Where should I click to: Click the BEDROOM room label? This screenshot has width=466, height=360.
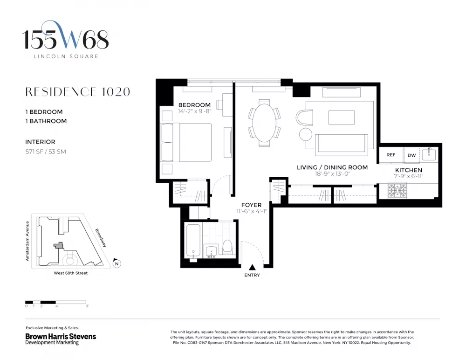click(194, 105)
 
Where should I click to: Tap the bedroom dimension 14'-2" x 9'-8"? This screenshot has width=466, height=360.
click(194, 111)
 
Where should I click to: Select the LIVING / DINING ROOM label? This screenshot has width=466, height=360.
click(332, 167)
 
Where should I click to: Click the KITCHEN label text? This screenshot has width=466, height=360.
click(408, 170)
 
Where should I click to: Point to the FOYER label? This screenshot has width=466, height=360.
click(252, 205)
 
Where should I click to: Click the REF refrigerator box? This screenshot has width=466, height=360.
click(391, 155)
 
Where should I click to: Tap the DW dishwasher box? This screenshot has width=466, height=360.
click(411, 155)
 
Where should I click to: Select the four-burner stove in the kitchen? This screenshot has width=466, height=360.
click(397, 191)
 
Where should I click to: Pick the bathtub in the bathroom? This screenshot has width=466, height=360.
click(193, 242)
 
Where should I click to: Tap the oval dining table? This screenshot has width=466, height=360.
click(264, 123)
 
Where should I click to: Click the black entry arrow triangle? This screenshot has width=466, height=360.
click(252, 267)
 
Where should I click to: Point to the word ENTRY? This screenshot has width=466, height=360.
click(252, 275)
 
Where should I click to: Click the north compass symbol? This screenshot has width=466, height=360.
click(117, 263)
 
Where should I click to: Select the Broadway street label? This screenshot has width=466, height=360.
click(101, 238)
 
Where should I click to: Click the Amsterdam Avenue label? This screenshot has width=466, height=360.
click(27, 241)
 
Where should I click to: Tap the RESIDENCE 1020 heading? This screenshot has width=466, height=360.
click(77, 92)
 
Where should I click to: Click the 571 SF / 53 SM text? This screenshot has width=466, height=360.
click(46, 152)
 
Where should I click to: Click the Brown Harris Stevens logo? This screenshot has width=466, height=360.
click(61, 339)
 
